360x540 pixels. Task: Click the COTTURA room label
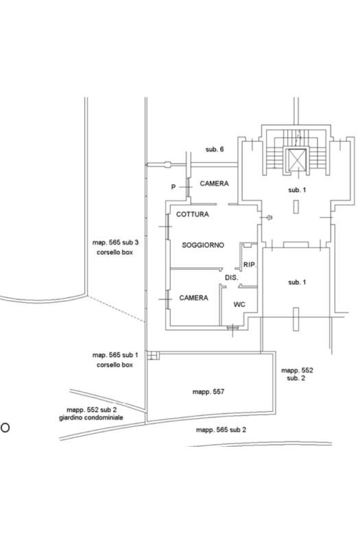[193, 214]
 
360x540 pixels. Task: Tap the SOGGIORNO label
[203, 245]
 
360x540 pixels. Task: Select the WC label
[239, 304]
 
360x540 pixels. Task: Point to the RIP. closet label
[250, 265]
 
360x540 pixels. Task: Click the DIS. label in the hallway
[232, 278]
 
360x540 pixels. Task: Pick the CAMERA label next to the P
[214, 184]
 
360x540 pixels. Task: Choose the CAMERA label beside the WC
[193, 298]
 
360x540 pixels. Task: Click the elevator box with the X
[297, 160]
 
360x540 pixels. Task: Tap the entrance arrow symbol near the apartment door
[267, 217]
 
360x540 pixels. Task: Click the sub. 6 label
[215, 149]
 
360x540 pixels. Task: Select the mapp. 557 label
[208, 391]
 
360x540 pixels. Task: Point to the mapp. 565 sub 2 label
[221, 430]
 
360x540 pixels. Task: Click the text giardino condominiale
[91, 418]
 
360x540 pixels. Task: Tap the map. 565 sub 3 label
[115, 243]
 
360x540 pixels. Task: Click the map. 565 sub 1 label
[115, 355]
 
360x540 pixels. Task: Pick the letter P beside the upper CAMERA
[173, 187]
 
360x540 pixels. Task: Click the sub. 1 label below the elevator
[297, 190]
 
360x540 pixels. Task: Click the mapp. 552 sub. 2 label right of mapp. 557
[297, 374]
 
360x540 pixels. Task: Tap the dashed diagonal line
[116, 309]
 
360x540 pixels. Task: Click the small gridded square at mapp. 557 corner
[153, 355]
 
